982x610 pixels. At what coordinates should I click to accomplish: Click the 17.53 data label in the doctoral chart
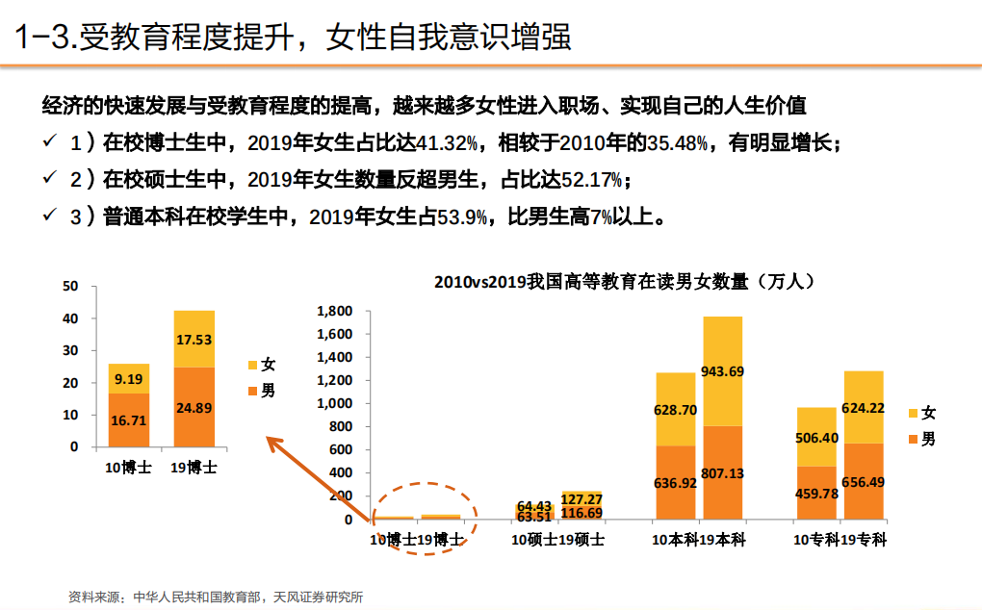point(194,340)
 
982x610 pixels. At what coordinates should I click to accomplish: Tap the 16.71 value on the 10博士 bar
point(128,420)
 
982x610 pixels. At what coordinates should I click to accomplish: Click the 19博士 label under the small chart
point(194,469)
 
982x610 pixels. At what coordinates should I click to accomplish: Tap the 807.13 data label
point(722,474)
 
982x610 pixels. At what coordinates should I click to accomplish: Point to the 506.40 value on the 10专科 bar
point(816,438)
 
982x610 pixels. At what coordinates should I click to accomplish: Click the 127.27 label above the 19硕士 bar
point(581,498)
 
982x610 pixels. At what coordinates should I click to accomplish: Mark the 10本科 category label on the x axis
point(675,540)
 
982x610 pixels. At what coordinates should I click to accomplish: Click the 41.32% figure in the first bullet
point(446,143)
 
